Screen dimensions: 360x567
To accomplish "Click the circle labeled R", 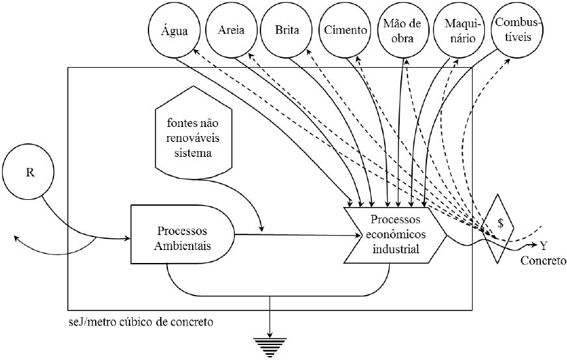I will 30,173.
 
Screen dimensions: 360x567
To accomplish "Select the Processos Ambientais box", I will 182,236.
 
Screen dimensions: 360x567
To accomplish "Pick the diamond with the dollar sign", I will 500,223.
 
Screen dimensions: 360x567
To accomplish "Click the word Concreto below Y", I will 544,261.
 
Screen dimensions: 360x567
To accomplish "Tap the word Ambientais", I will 182,244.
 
